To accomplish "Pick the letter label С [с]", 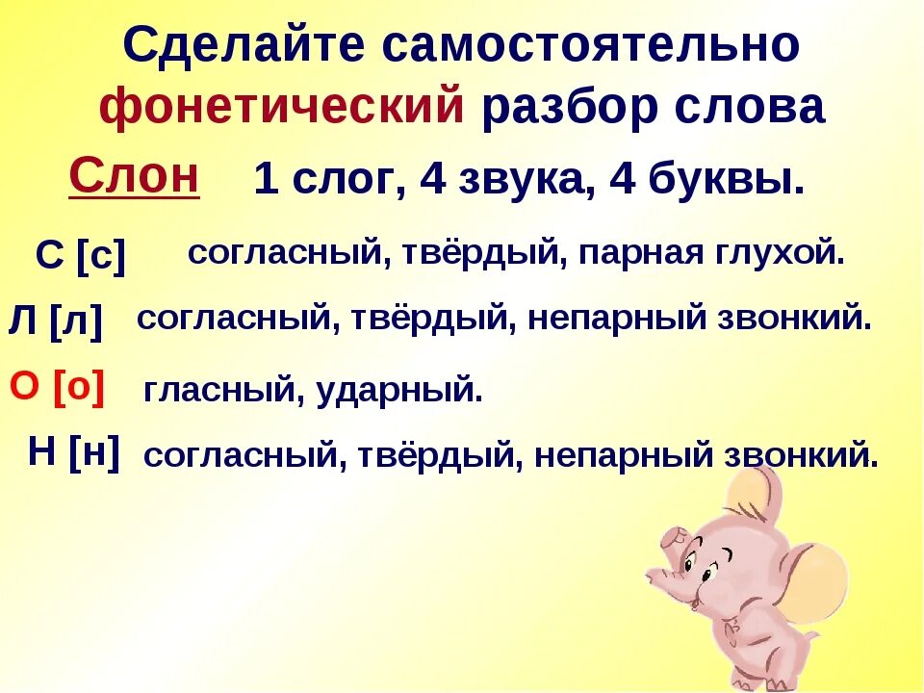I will [81, 256].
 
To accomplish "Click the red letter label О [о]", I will [57, 387].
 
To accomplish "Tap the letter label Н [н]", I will [74, 452].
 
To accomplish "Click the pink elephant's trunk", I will [664, 576].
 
